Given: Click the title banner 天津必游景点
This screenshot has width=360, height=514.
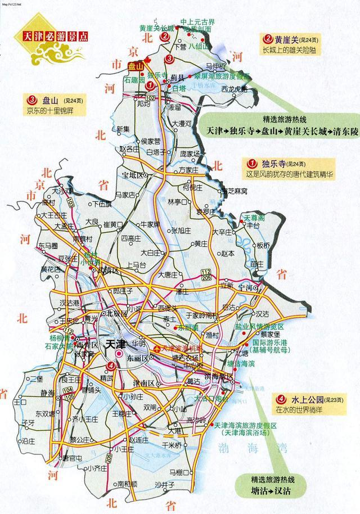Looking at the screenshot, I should [55, 35].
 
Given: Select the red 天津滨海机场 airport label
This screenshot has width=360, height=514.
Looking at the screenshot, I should [181, 349].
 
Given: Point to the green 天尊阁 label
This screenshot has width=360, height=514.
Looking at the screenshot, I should [254, 218].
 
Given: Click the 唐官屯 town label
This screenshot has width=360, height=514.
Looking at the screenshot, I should [72, 458].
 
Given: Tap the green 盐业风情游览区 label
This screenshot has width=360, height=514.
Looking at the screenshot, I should [259, 327].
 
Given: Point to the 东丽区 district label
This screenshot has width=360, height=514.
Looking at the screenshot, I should [137, 358].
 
